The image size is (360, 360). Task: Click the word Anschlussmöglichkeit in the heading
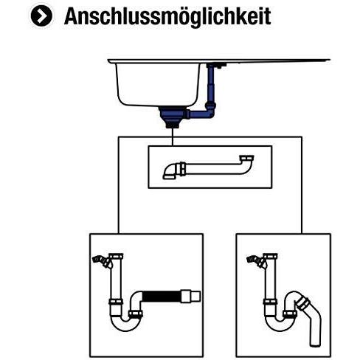point(167,16)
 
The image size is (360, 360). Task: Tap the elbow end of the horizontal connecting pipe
point(170,173)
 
